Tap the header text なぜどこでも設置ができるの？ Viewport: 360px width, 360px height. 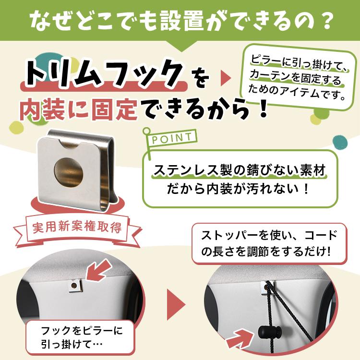click(180, 21)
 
